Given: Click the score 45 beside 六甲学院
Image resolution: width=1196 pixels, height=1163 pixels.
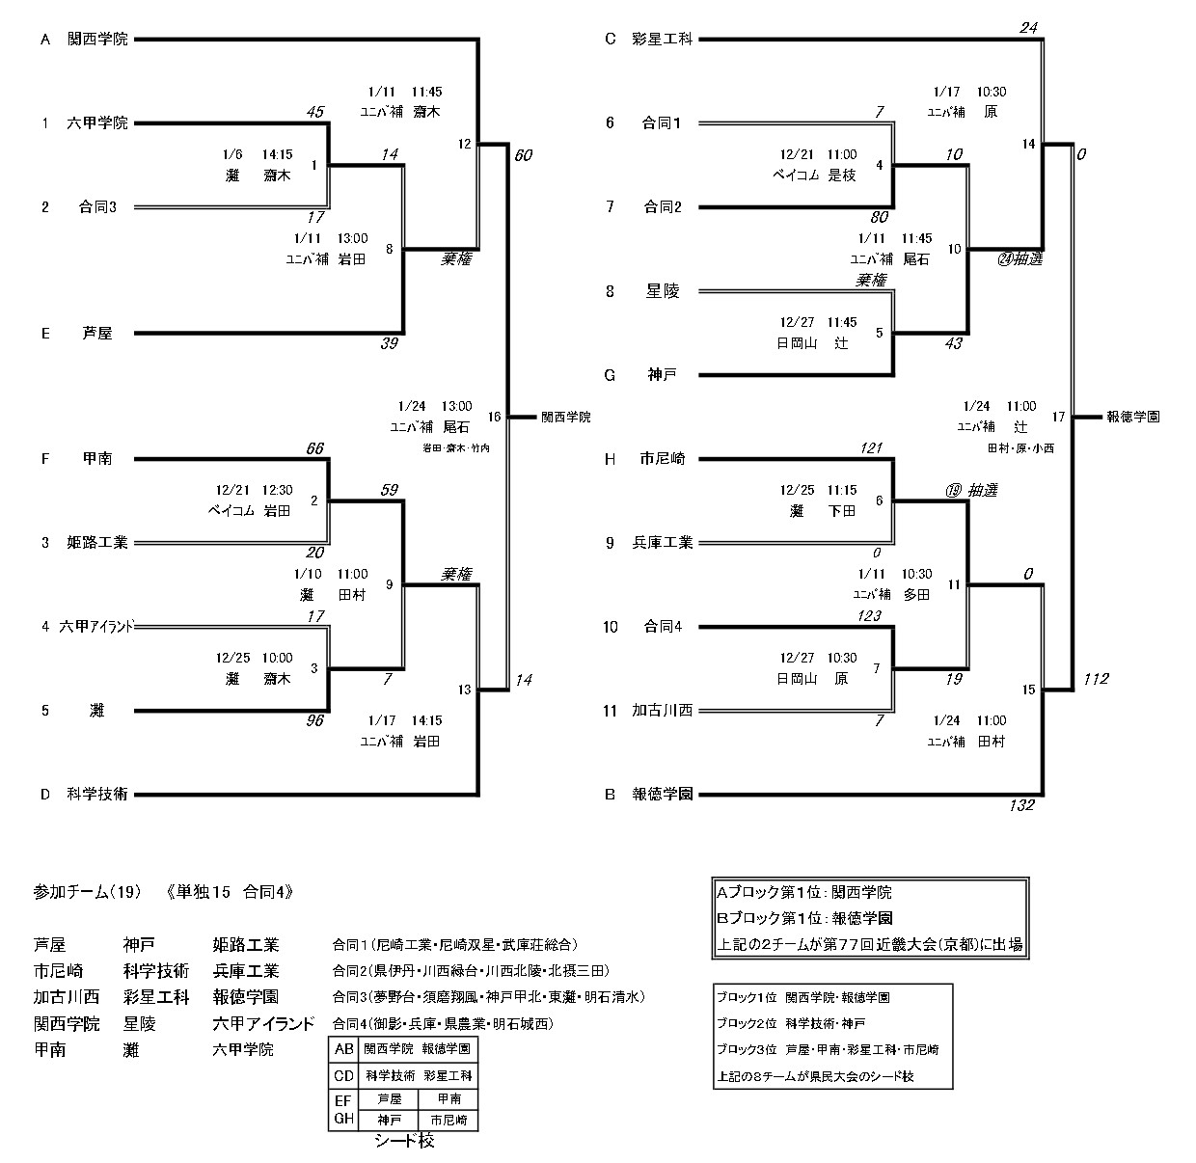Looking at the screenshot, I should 313,112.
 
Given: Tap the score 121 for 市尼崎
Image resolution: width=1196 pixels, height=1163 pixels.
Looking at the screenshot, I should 872,448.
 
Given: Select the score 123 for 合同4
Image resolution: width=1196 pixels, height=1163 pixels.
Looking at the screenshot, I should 869,615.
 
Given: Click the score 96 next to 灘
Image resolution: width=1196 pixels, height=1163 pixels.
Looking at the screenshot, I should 313,720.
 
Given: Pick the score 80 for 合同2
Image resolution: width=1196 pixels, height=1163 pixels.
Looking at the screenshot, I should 879,218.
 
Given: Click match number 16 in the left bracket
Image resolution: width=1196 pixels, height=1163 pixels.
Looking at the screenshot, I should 495,417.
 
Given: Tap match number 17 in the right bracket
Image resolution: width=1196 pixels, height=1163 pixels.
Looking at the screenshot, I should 1059,417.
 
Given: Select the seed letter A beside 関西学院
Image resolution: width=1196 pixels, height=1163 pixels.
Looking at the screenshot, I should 44,40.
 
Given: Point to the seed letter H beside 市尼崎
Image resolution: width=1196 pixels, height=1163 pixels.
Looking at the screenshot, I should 610,459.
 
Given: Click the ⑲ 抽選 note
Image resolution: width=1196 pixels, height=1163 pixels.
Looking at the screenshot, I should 971,490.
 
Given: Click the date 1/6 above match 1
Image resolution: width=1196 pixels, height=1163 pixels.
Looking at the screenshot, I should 231,153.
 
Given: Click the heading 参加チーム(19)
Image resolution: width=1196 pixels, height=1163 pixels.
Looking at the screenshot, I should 87,892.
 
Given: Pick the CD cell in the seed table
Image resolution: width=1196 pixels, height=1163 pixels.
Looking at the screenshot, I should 343,1074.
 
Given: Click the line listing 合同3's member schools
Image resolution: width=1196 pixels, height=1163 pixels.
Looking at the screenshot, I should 488,997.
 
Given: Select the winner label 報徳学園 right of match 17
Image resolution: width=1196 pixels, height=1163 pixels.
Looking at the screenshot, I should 1133,417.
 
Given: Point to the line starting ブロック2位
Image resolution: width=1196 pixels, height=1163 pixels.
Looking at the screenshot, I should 791,1023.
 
